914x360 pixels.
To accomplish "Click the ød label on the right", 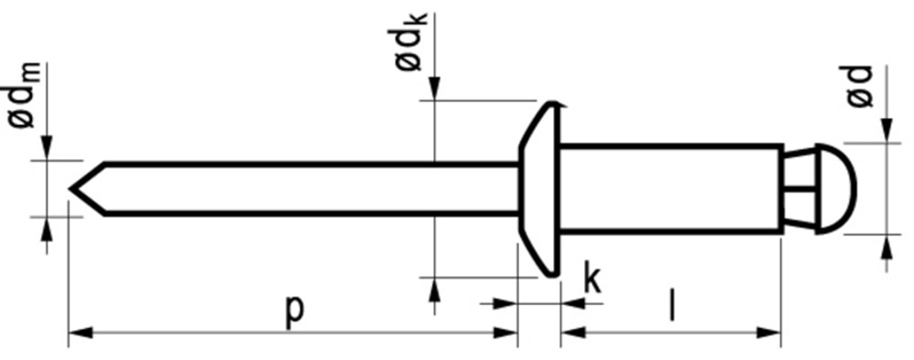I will (x=861, y=87).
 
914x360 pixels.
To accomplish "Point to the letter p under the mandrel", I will (x=292, y=310).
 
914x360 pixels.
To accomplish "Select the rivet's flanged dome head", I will (x=540, y=189).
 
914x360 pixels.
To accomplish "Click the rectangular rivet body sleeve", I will (x=672, y=188).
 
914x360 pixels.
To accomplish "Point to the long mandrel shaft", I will (x=311, y=189).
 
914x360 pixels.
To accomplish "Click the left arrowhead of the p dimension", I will (x=79, y=333).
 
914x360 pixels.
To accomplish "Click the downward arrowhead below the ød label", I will (x=887, y=133).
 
